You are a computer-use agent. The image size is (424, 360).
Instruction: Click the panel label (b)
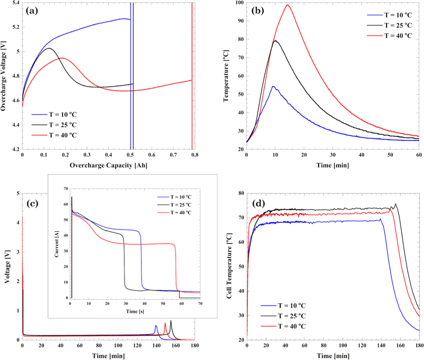pos(258,11)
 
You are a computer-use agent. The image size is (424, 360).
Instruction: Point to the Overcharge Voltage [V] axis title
pos(5,76)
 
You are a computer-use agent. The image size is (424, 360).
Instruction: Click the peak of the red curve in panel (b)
pos(288,5)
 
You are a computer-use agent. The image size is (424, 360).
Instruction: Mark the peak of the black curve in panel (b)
pos(275,40)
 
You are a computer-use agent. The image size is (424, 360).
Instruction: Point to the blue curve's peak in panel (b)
pos(273,87)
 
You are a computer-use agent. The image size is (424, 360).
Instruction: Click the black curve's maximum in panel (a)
pos(49,48)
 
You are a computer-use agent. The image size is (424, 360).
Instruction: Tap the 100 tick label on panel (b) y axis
pos(238,3)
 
